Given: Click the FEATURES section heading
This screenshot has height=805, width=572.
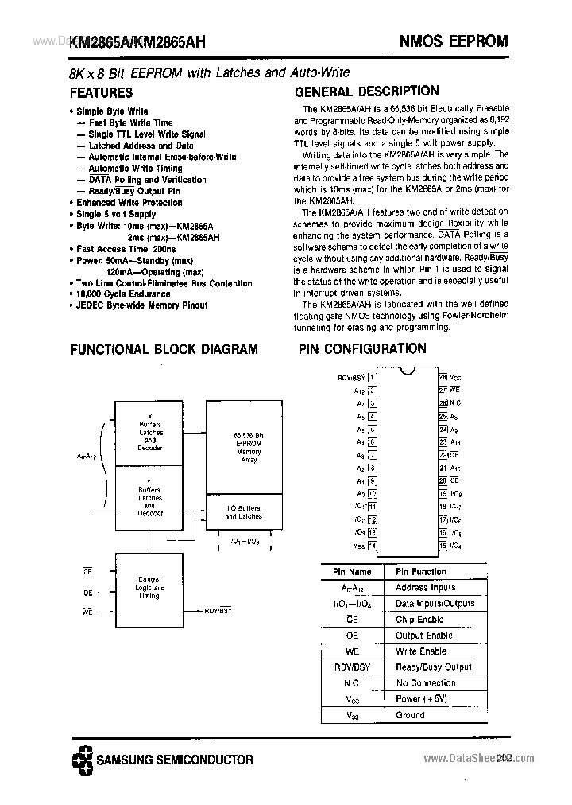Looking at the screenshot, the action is pyautogui.click(x=101, y=92).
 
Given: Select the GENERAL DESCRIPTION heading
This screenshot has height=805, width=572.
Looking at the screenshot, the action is pyautogui.click(x=366, y=91).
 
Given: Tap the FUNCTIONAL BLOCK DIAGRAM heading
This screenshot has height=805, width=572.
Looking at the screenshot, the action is pyautogui.click(x=164, y=348).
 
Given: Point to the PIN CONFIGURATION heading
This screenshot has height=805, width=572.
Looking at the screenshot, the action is pyautogui.click(x=362, y=348).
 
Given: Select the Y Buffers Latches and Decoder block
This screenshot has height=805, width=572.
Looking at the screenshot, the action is pyautogui.click(x=150, y=498).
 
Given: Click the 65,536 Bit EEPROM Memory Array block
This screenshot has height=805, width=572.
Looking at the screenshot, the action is pyautogui.click(x=248, y=446).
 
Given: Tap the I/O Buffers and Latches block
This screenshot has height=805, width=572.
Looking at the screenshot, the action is pyautogui.click(x=243, y=512).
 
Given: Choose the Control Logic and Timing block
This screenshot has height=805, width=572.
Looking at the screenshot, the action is pyautogui.click(x=149, y=589).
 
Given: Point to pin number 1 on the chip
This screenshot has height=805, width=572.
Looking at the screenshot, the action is pyautogui.click(x=371, y=377).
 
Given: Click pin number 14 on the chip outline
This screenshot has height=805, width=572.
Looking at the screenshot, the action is pyautogui.click(x=372, y=546).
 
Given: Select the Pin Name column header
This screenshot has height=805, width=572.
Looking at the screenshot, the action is pyautogui.click(x=352, y=572).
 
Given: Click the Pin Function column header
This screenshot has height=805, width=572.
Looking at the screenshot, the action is pyautogui.click(x=421, y=572).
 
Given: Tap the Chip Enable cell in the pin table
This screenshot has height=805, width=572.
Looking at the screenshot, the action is pyautogui.click(x=419, y=620).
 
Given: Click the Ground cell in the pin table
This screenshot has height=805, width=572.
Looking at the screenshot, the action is pyautogui.click(x=410, y=715).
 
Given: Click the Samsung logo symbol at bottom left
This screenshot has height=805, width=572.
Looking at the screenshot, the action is pyautogui.click(x=80, y=760).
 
